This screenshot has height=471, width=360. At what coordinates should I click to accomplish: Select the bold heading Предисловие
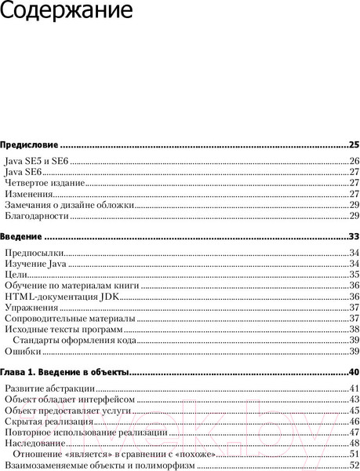pyautogui.click(x=30, y=146)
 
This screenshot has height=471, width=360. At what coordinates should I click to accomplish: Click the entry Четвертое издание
pyautogui.click(x=44, y=183)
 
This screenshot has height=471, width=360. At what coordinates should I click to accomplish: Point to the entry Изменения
pyautogui.click(x=29, y=194)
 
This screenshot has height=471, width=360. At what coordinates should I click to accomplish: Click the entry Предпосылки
pyautogui.click(x=34, y=253)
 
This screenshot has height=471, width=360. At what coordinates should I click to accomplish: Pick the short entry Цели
pyautogui.click(x=16, y=275)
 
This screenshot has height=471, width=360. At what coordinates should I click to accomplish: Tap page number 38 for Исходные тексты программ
pyautogui.click(x=354, y=330)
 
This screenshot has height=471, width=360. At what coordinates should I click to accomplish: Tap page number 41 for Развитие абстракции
pyautogui.click(x=354, y=389)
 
